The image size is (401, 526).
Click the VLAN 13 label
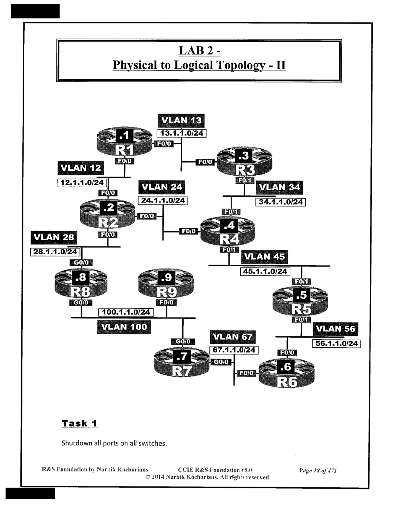(x=181, y=120)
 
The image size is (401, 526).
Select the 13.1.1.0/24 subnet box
(x=181, y=133)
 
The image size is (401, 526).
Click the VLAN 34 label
(x=279, y=187)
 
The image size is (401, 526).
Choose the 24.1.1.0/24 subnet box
(x=163, y=200)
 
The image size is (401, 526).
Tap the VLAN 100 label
(x=124, y=327)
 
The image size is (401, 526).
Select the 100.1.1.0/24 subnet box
(x=126, y=312)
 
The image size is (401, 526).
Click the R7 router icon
(x=182, y=363)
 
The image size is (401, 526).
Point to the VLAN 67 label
(x=233, y=337)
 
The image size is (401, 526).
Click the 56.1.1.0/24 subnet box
(x=336, y=344)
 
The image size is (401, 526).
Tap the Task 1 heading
(x=79, y=423)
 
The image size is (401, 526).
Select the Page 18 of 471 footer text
(x=318, y=471)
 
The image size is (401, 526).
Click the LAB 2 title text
(x=199, y=51)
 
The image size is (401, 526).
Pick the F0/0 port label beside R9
(x=166, y=302)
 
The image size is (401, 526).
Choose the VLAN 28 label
(x=54, y=237)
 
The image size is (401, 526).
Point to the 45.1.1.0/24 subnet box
(x=265, y=271)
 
